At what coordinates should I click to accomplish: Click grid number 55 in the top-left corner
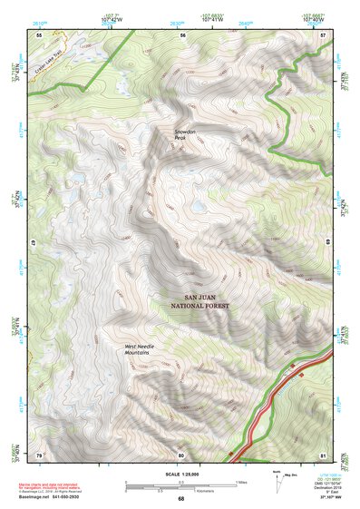39,34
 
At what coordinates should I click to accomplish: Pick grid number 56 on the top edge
182,34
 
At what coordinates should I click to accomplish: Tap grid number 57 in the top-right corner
323,34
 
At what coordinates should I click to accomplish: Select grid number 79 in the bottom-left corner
39,454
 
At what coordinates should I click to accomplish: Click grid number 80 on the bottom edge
181,454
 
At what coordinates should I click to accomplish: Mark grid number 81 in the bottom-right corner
323,454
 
